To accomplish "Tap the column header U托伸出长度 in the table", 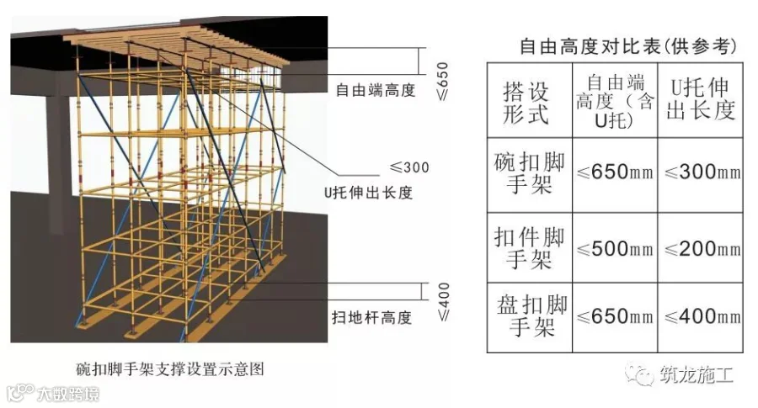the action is [x=701, y=98].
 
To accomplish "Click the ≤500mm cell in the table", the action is [x=614, y=249].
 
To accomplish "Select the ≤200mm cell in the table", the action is [x=702, y=249].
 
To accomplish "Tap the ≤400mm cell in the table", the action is [x=702, y=316].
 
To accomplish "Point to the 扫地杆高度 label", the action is [x=371, y=317].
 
